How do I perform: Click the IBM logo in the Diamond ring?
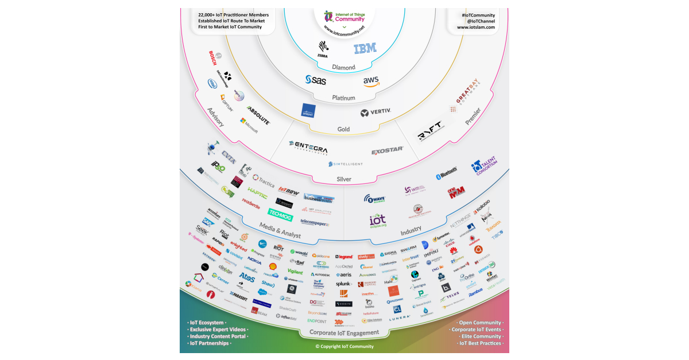click(x=365, y=49)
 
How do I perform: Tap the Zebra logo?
click(x=323, y=48)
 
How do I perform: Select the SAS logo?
click(x=316, y=80)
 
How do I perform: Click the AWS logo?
click(x=371, y=82)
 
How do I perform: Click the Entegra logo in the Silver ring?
click(x=308, y=145)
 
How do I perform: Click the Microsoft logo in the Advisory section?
click(x=249, y=125)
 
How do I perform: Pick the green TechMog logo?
click(x=280, y=213)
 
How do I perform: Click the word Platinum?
click(x=343, y=98)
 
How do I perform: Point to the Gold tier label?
click(x=343, y=129)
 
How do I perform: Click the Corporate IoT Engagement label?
click(x=344, y=332)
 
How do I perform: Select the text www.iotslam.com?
click(x=476, y=27)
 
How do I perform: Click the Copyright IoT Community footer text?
click(x=344, y=346)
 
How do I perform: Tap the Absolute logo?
click(x=258, y=114)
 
